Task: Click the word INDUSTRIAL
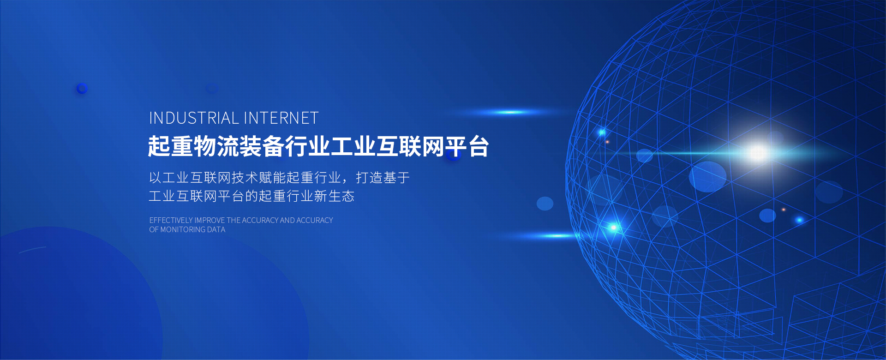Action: pyautogui.click(x=193, y=118)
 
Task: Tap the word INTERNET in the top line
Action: pyautogui.click(x=281, y=118)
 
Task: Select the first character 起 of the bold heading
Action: pyautogui.click(x=159, y=147)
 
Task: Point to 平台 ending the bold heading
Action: pyautogui.click(x=466, y=147)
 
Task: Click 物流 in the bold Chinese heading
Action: pyautogui.click(x=216, y=147)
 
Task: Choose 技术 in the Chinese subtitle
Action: pyautogui.click(x=245, y=178)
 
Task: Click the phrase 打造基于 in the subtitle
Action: pyautogui.click(x=383, y=178)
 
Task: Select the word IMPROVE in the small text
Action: pyautogui.click(x=210, y=221)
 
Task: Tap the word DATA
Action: pyautogui.click(x=216, y=230)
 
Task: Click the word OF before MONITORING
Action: pyautogui.click(x=153, y=230)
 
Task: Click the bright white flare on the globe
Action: pyautogui.click(x=757, y=151)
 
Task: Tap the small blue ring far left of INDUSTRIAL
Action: pyautogui.click(x=82, y=88)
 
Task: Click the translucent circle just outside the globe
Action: pyautogui.click(x=545, y=204)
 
